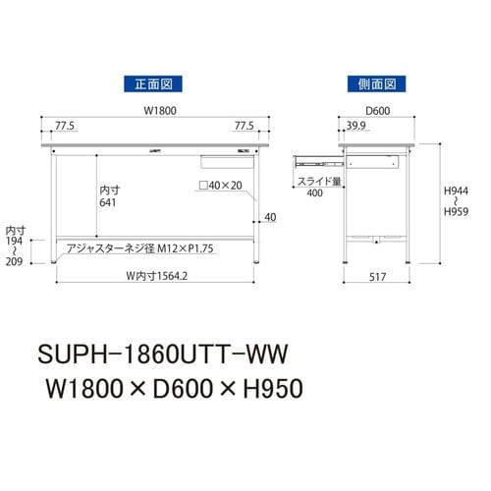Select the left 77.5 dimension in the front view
click(67, 127)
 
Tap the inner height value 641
click(108, 202)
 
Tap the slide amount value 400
click(314, 193)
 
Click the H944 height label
click(452, 199)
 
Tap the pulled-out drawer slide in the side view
click(314, 155)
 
